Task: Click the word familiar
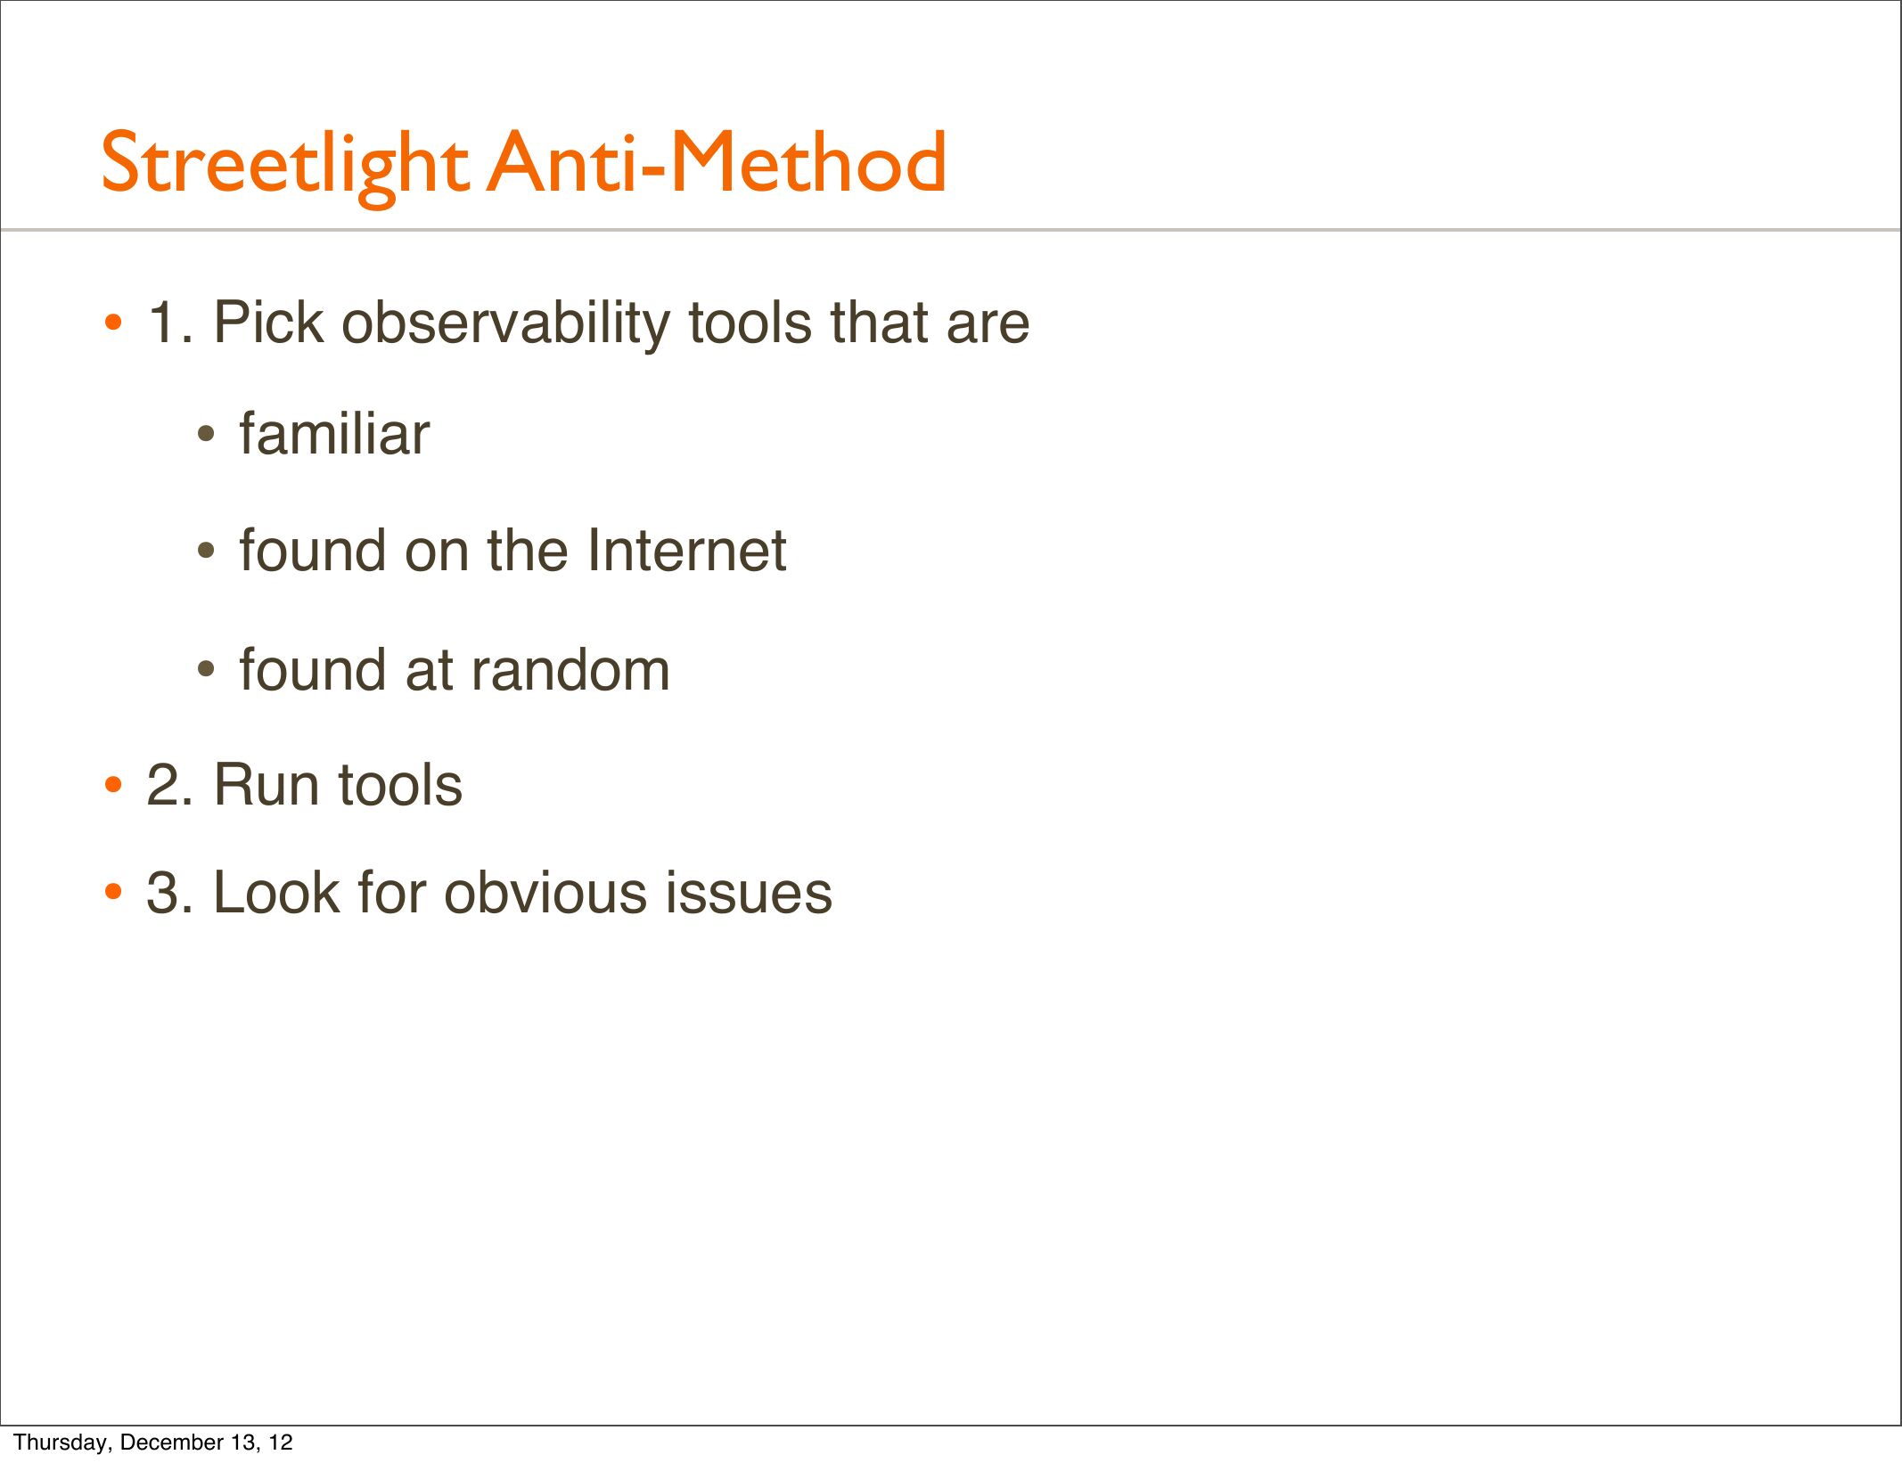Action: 334,434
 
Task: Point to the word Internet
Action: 686,550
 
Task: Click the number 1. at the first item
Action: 169,322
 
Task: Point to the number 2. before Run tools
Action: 169,785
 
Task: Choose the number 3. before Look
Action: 169,892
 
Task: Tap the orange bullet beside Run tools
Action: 113,787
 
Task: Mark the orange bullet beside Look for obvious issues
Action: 113,892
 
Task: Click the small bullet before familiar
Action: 206,436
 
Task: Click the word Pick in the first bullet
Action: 268,322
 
